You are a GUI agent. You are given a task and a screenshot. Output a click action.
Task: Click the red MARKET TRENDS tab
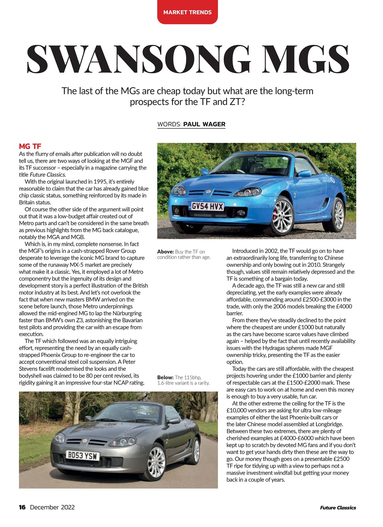(187, 12)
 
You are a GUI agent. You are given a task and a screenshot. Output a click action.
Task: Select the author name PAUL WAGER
(204, 124)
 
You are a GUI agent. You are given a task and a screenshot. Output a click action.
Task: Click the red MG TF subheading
(30, 147)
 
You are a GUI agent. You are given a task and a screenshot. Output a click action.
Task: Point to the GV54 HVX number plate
(207, 206)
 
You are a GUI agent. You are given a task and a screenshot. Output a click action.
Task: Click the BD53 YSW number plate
(83, 456)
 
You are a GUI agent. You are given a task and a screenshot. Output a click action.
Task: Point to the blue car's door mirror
(305, 174)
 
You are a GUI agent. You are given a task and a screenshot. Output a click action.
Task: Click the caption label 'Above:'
(165, 252)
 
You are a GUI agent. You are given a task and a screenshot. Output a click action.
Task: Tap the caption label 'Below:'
(165, 377)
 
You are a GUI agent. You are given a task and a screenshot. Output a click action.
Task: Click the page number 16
(22, 507)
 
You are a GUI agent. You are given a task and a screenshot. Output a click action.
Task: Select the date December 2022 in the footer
(52, 507)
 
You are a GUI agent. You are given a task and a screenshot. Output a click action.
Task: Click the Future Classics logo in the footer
(338, 508)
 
